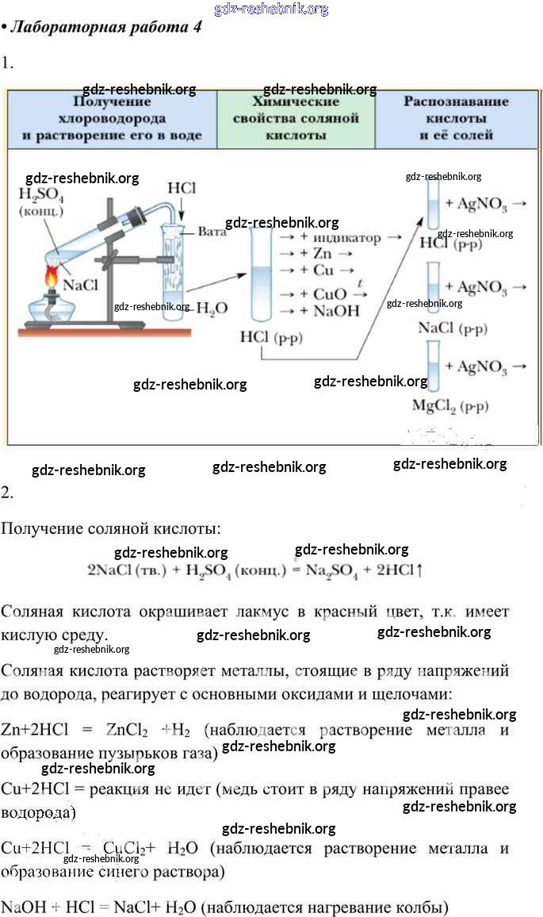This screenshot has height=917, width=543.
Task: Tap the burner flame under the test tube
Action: click(x=53, y=279)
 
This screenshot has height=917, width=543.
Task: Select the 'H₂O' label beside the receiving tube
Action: click(x=212, y=308)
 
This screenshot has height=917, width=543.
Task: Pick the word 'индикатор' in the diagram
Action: click(x=347, y=238)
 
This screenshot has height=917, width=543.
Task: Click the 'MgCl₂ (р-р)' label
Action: click(x=449, y=406)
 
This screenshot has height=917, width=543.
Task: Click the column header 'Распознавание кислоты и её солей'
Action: click(x=456, y=119)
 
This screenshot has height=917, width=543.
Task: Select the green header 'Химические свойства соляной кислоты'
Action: click(x=296, y=119)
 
